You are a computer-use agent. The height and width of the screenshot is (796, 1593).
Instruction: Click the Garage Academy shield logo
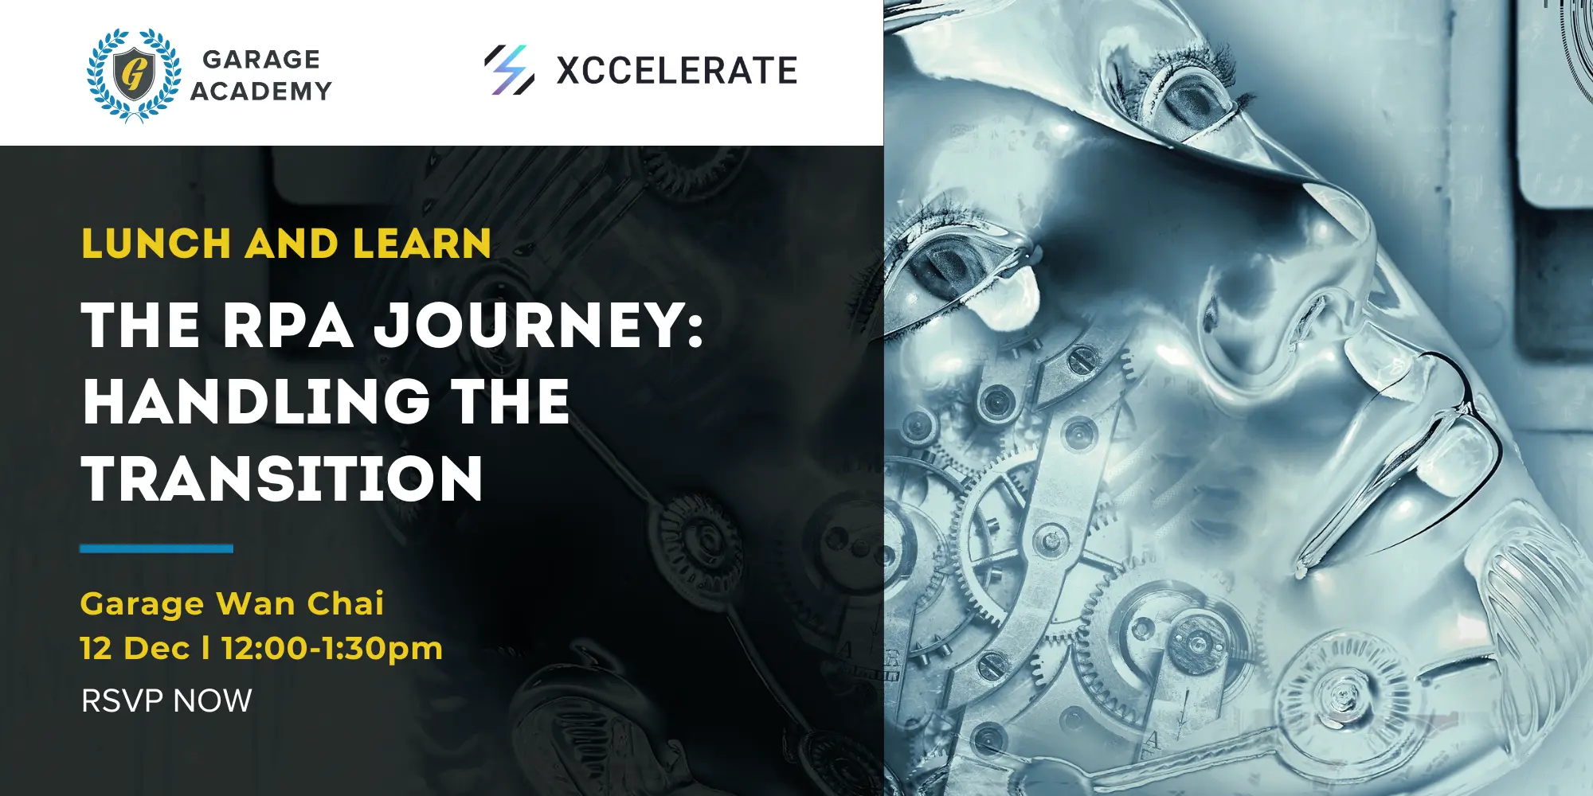(x=134, y=75)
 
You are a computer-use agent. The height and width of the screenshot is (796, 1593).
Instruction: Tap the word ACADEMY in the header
(x=261, y=92)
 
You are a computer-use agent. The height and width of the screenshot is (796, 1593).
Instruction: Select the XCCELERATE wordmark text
(x=677, y=71)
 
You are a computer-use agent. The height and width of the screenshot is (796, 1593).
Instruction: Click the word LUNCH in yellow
(x=156, y=244)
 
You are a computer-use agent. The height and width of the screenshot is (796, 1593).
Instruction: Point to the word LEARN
(x=422, y=244)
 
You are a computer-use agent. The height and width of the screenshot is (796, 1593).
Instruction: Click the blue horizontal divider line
(x=156, y=548)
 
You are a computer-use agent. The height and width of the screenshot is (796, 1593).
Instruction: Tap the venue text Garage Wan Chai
(x=232, y=604)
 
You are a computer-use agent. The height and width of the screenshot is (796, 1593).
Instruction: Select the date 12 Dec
(x=135, y=649)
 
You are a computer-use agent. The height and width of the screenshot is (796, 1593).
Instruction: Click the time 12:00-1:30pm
(x=332, y=650)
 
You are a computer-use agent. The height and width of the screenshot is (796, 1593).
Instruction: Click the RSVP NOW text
(x=166, y=701)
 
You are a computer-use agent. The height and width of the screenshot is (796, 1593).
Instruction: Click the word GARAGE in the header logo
(x=261, y=60)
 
